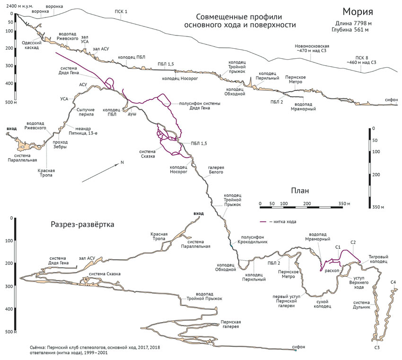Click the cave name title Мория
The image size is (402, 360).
tap(358, 12)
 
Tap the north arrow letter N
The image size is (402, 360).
tap(122, 162)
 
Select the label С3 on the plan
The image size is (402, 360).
tap(376, 348)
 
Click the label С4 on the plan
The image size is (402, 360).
tap(393, 282)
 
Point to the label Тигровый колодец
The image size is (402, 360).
tap(378, 259)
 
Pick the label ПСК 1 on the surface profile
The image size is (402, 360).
tap(121, 11)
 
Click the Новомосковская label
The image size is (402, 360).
tap(312, 46)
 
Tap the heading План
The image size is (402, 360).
tap(300, 191)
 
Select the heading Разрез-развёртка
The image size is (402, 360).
tap(82, 225)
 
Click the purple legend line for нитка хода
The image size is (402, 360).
tap(263, 222)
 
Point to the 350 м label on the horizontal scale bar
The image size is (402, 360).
tap(344, 203)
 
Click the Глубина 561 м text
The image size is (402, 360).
tap(350, 30)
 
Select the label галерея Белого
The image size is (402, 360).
tap(216, 170)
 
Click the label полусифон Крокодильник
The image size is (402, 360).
tap(252, 239)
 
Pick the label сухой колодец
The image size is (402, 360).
tap(322, 304)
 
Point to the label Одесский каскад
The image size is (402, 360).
tap(32, 45)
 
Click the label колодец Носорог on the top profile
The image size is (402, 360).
tap(180, 79)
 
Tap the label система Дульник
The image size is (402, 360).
tap(361, 305)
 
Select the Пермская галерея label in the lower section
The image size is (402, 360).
tap(231, 324)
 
